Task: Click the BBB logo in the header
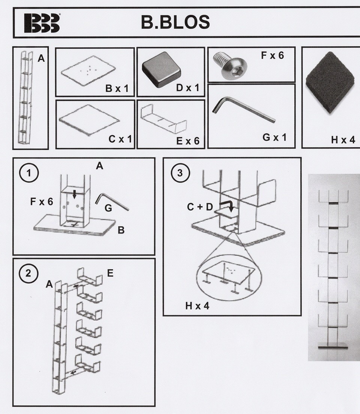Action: coord(42,23)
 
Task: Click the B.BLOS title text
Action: coord(175,22)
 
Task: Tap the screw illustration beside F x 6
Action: coord(230,65)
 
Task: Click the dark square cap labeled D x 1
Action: coord(161,69)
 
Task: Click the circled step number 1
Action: coord(29,173)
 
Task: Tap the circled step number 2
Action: coord(28,273)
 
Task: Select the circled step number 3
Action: coord(180,173)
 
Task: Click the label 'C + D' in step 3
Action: coord(200,207)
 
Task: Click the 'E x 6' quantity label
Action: coord(187,141)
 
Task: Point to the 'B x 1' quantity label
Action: coord(117,89)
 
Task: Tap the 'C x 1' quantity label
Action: coord(120,139)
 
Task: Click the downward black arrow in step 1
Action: coord(75,194)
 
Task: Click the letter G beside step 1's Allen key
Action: coord(108,208)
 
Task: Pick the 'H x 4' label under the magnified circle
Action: coord(197,306)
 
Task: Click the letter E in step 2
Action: coord(110,273)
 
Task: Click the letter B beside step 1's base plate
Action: coord(121,230)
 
